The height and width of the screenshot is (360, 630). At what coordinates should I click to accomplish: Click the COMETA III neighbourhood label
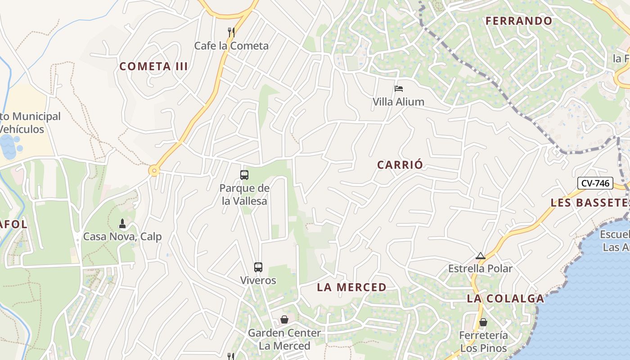pos(153,67)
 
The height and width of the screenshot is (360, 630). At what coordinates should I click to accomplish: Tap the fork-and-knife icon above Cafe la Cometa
pos(231,32)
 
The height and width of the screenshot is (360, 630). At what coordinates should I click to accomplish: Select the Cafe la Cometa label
pos(231,46)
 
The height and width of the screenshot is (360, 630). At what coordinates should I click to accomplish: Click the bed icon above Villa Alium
pos(398,88)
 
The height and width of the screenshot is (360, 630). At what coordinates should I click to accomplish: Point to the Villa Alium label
pos(398,102)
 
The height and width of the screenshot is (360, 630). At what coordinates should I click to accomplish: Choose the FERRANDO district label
pos(519,21)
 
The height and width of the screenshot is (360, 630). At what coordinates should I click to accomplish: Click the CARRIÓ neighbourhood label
pos(400,165)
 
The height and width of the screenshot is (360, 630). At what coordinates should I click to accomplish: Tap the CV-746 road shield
pos(595,183)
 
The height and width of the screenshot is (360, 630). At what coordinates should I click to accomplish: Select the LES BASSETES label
pos(590,202)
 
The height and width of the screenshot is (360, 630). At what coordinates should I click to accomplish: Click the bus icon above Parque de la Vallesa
pos(244,175)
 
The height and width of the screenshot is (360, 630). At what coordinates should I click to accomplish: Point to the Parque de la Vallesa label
pos(244,194)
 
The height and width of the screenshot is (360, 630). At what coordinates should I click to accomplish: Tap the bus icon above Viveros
pos(258,267)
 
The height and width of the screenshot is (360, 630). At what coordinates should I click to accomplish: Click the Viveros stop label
pos(258,280)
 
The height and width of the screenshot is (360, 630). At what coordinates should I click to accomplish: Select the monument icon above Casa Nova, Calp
pos(122,224)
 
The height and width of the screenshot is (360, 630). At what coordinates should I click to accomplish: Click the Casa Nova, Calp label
pos(122,237)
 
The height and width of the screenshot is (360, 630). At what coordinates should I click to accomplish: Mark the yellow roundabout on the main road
pos(154,171)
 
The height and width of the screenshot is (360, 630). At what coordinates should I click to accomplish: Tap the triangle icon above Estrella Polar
pos(481,256)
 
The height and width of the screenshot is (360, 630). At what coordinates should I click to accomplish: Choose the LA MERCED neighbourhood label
pos(351,287)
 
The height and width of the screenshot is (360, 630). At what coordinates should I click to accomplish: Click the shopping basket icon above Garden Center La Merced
pos(284,320)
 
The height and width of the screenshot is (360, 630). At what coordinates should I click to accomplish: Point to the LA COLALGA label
pos(505,298)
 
